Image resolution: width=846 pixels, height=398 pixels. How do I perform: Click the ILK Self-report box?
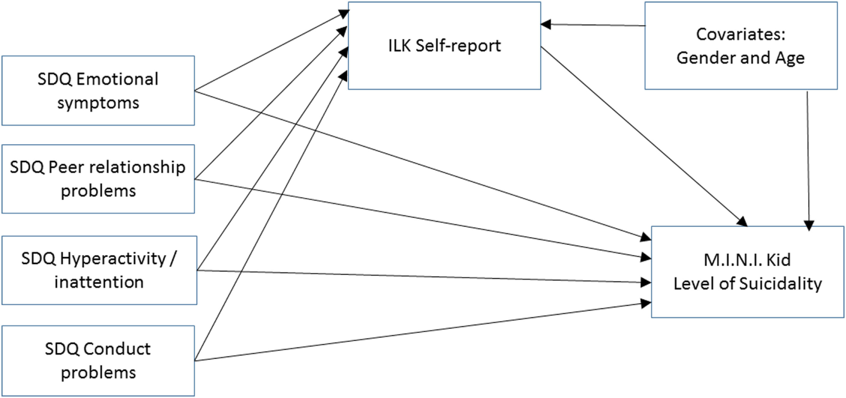(444, 46)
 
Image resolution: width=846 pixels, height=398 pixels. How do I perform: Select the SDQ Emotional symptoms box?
(98, 91)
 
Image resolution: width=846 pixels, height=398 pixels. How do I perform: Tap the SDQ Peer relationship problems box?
(98, 179)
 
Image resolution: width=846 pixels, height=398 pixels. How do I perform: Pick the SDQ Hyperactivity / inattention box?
(99, 270)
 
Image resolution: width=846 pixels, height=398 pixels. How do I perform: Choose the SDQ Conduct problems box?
(98, 360)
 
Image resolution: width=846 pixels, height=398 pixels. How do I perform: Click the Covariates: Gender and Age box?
(740, 46)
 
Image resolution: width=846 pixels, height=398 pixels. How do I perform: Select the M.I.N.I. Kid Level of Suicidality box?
(747, 272)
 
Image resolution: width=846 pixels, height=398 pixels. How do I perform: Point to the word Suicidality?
(780, 284)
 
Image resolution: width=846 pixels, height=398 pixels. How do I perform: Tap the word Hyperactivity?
(113, 258)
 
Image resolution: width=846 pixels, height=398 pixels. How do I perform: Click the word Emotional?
(117, 79)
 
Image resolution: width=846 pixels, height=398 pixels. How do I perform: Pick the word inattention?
(99, 282)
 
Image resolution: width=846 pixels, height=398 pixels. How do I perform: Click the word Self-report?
(458, 46)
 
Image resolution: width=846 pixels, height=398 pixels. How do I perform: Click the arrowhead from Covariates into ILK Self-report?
(546, 24)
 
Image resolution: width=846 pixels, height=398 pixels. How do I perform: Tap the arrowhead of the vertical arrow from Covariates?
(808, 225)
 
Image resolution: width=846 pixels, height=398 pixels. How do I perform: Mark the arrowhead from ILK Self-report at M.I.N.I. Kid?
(742, 221)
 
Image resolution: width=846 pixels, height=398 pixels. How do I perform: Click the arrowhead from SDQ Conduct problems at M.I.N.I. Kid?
(646, 303)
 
